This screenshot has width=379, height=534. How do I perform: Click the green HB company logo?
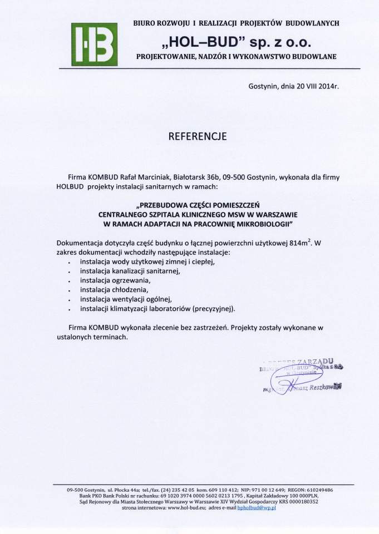94,44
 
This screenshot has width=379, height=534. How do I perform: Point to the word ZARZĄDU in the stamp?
317,362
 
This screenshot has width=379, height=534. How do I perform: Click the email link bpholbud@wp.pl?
261,508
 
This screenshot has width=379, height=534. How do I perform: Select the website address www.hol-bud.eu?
187,508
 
